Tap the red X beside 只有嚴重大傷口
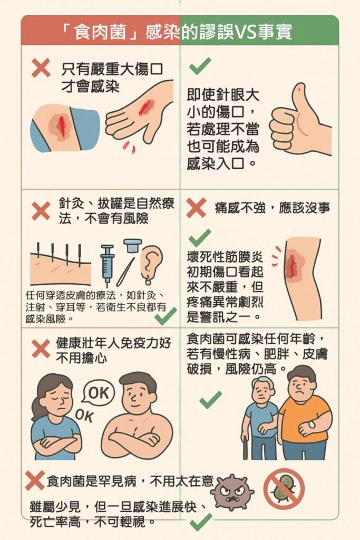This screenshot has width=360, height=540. pyautogui.click(x=41, y=68)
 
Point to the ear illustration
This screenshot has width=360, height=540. pyautogui.click(x=151, y=265)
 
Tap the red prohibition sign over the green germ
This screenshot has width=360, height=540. pyautogui.click(x=284, y=489)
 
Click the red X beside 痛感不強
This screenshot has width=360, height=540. pyautogui.click(x=196, y=208)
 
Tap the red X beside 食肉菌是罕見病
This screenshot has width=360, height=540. pyautogui.click(x=35, y=480)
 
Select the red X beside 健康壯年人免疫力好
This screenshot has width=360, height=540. pyautogui.click(x=41, y=349)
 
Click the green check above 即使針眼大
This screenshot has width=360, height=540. pyautogui.click(x=200, y=66)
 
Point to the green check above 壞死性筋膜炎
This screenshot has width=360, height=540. pyautogui.click(x=200, y=238)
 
